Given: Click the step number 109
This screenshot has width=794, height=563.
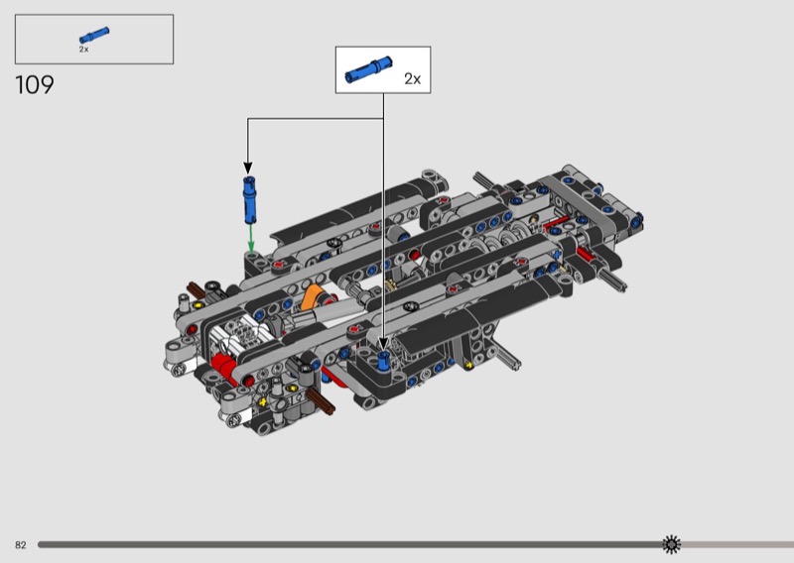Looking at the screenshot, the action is [x=35, y=85].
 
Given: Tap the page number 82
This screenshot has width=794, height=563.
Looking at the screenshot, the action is [x=20, y=545].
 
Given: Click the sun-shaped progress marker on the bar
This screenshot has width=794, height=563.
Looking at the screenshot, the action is [x=672, y=544].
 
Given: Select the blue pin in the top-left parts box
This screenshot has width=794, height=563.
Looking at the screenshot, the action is [x=94, y=36].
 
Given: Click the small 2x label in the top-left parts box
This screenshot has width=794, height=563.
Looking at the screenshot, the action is [x=83, y=50].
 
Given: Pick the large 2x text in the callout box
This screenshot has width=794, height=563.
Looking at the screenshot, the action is [x=412, y=79].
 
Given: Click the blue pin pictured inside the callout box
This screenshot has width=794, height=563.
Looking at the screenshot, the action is [x=368, y=69].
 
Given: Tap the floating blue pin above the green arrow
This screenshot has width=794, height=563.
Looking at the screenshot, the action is [x=249, y=200].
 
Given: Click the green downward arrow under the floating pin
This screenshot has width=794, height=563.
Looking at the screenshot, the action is [x=251, y=238].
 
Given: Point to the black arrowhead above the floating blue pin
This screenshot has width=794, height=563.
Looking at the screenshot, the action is [x=247, y=169].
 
